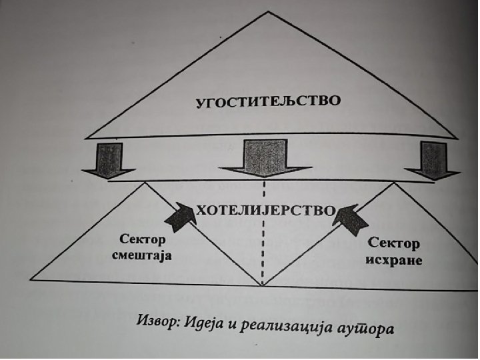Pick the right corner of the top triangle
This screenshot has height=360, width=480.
click(457, 139)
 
